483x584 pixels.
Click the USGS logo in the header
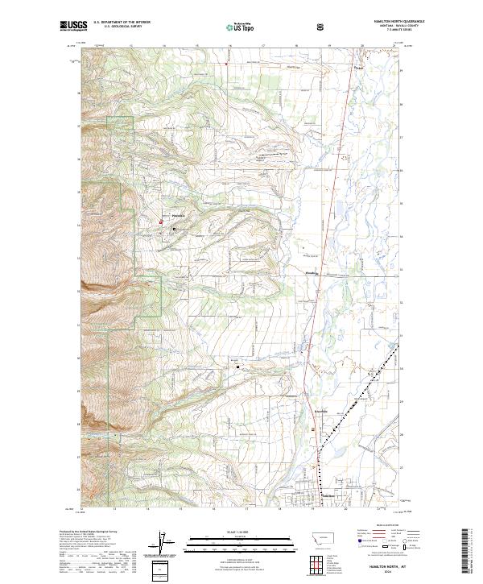pyautogui.click(x=73, y=26)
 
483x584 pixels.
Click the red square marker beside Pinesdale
pyautogui.click(x=160, y=222)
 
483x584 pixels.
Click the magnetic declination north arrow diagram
pyautogui.click(x=167, y=548)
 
